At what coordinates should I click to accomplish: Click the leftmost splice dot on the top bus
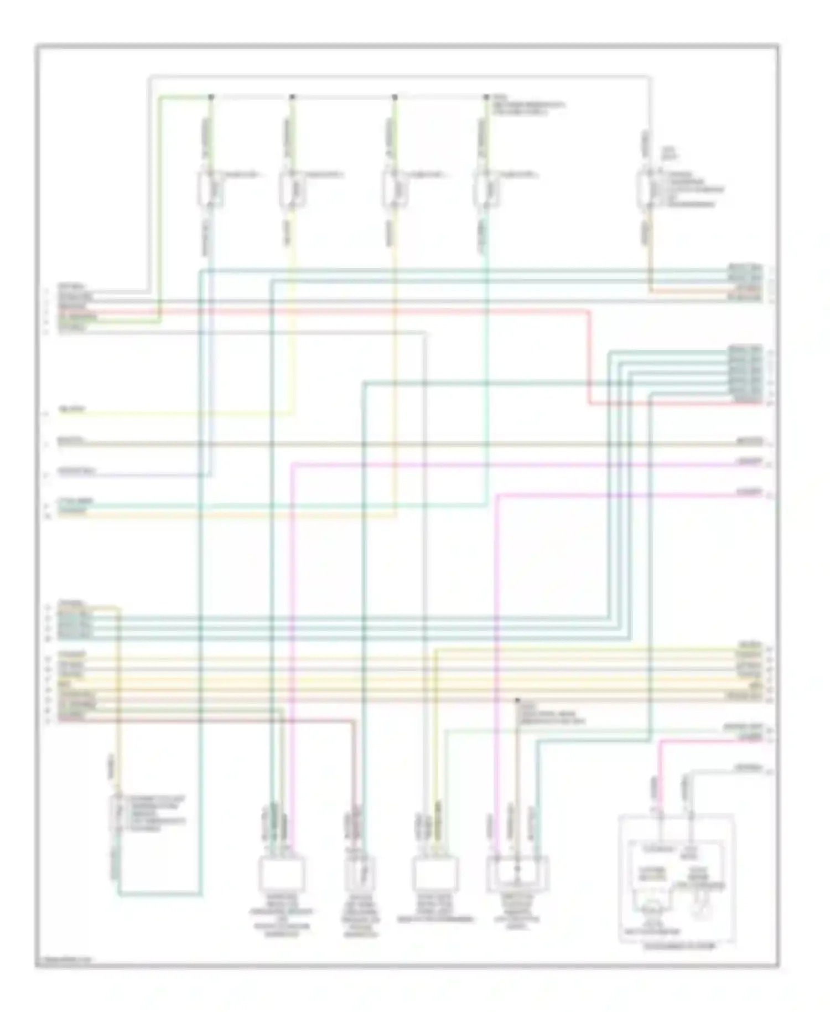pyautogui.click(x=211, y=97)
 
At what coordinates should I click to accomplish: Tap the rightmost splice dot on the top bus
pyautogui.click(x=486, y=97)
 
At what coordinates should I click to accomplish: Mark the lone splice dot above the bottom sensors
pyautogui.click(x=518, y=700)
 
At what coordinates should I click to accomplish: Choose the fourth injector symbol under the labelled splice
pyautogui.click(x=485, y=188)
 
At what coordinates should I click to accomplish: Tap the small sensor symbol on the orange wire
pyautogui.click(x=117, y=813)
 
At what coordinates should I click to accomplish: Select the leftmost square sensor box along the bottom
pyautogui.click(x=282, y=874)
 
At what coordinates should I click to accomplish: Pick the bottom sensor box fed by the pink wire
pyautogui.click(x=517, y=874)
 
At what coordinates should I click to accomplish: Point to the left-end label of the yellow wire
pyautogui.click(x=72, y=410)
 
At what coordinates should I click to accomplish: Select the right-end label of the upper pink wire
pyautogui.click(x=749, y=461)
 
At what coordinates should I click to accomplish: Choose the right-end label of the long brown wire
pyautogui.click(x=749, y=442)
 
